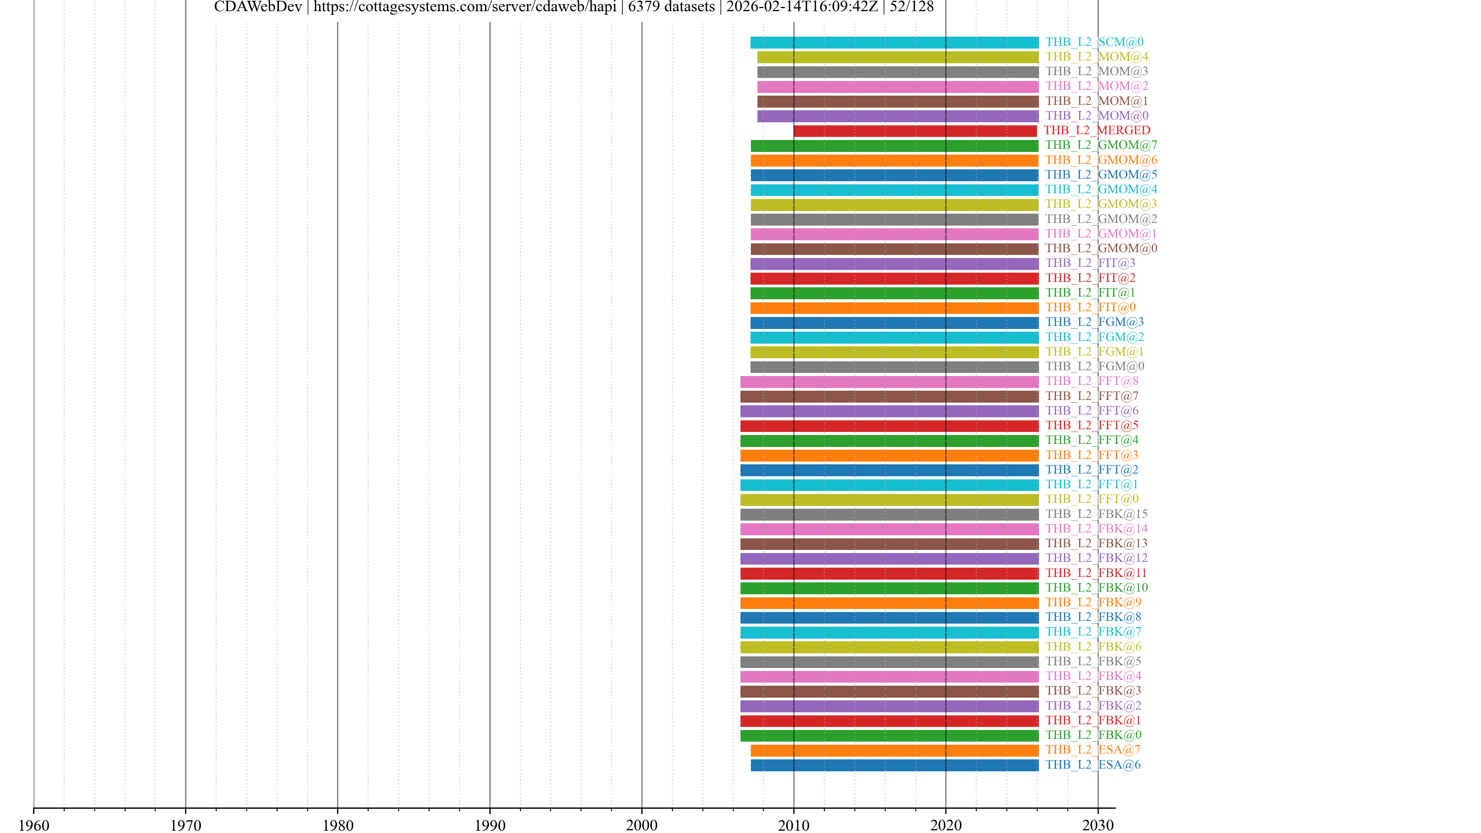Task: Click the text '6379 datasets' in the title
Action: (671, 7)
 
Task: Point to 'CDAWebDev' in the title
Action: (258, 7)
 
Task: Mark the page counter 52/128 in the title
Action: (912, 7)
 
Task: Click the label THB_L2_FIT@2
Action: (1090, 278)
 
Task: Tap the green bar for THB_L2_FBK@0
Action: (889, 736)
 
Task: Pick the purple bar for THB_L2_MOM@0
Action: (897, 116)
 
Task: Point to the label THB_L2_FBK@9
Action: (1093, 602)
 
